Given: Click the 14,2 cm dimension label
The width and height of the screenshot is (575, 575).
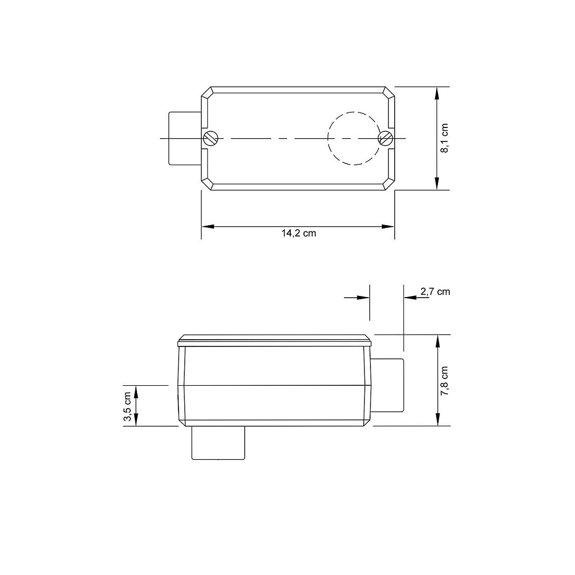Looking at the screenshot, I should pyautogui.click(x=299, y=234).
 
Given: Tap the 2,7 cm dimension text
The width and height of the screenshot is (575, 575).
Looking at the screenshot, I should pyautogui.click(x=435, y=291).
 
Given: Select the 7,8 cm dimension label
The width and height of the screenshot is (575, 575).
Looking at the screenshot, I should pyautogui.click(x=444, y=381).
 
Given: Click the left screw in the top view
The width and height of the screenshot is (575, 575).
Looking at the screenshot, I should pyautogui.click(x=211, y=138).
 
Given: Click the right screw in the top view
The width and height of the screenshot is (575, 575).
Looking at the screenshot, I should pyautogui.click(x=386, y=138).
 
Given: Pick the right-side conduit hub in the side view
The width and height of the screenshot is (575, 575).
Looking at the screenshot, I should pyautogui.click(x=387, y=385).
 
